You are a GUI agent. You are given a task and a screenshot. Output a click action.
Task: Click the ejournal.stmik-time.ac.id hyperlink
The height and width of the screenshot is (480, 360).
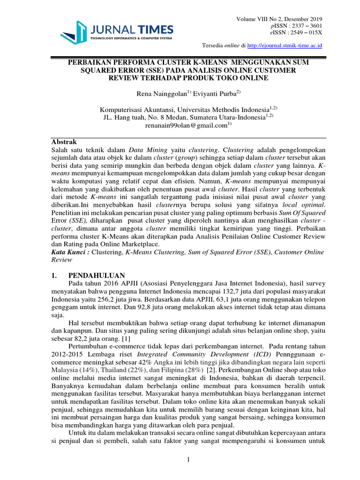pyautogui.click(x=288, y=45)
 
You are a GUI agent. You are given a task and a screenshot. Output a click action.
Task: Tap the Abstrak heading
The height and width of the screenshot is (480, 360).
pyautogui.click(x=63, y=142)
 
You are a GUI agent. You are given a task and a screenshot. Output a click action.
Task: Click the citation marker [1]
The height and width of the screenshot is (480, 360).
pyautogui.click(x=126, y=338)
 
